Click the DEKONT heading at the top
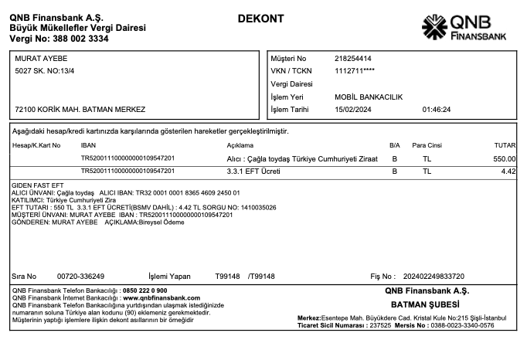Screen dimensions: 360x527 coord(260,19)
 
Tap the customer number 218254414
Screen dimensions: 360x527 coord(353,59)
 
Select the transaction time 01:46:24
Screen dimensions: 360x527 coord(437,110)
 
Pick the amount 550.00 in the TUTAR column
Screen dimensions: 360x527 coord(505,158)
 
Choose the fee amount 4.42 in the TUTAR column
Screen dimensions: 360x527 coord(508,171)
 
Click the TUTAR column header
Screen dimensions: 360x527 coord(505,145)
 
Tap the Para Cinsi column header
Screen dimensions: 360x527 coord(427,145)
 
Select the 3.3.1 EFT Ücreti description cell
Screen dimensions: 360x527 coord(253,171)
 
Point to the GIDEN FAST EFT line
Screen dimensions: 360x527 coord(37,186)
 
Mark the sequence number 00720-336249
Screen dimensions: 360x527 coord(80,276)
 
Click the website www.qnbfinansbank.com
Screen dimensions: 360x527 coord(161,297)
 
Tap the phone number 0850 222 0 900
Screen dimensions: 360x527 coord(144,290)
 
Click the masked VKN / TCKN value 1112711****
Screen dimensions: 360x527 coord(355,71)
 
